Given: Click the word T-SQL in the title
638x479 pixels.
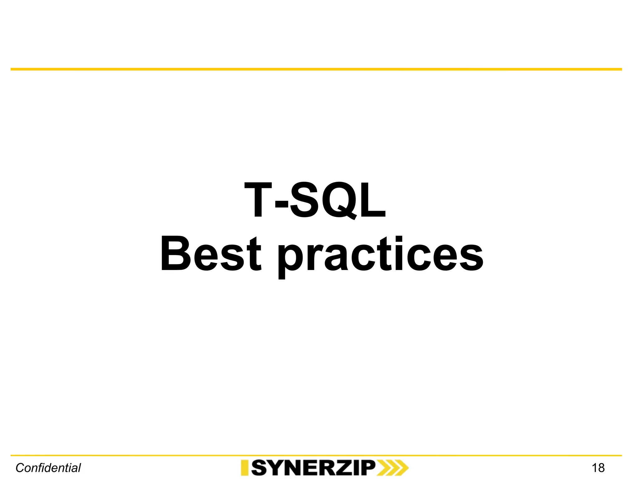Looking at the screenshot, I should (315, 200).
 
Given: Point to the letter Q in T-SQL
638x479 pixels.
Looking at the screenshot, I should (340, 200).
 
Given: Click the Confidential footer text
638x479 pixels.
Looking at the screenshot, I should (48, 468).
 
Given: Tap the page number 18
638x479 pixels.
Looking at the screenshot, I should (598, 468).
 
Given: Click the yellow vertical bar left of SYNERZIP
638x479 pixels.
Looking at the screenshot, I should (245, 468).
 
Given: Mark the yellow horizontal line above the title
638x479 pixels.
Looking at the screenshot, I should (316, 69).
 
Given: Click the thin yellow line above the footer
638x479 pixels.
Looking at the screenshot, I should (316, 456).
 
